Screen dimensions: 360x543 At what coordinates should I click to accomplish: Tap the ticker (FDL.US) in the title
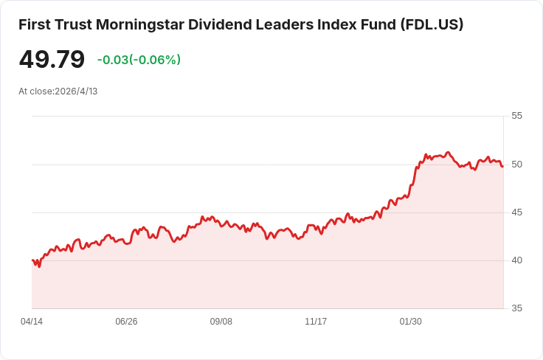tap(432, 24)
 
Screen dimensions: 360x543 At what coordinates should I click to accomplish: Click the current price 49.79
tap(52, 60)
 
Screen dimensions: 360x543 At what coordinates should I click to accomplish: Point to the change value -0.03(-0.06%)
tap(139, 60)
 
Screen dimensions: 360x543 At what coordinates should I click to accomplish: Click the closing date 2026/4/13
tap(76, 91)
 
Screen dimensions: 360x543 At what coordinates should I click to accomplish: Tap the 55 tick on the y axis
tap(516, 116)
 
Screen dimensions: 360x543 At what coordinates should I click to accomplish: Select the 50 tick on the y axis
tap(516, 164)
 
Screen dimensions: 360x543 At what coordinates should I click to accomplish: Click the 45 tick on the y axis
tap(516, 212)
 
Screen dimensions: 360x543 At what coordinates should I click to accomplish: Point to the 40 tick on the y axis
tap(516, 260)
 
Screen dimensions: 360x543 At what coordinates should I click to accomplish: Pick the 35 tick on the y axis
tap(516, 308)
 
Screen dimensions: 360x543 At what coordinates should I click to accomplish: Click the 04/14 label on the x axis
tap(32, 322)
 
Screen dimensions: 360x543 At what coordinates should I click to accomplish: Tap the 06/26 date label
tap(126, 322)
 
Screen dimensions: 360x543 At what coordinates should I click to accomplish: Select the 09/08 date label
tap(221, 322)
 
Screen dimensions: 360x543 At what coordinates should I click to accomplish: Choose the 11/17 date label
tap(316, 322)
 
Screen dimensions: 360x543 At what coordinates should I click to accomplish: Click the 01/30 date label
tap(410, 322)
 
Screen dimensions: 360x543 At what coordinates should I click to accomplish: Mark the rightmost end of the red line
tap(503, 166)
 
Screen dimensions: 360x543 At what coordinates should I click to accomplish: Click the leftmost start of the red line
tap(32, 260)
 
